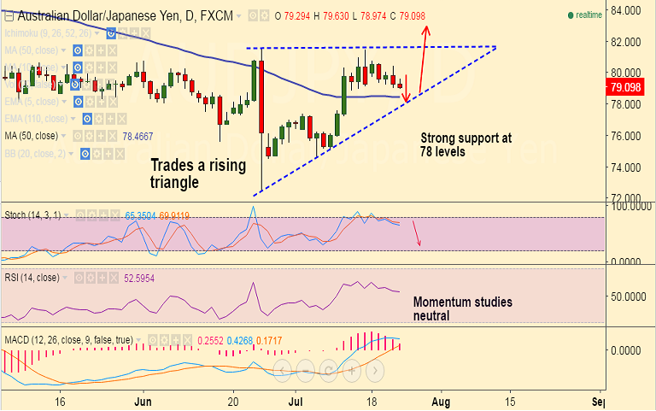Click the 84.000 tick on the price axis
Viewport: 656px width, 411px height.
[627, 10]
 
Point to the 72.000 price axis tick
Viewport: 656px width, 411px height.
[627, 198]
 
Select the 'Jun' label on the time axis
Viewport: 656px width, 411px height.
[143, 400]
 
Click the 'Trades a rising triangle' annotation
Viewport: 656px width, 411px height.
[198, 173]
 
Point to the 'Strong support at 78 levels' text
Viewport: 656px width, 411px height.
[466, 144]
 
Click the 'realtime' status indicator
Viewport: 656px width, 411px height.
[588, 15]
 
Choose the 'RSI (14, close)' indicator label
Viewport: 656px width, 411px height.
[32, 278]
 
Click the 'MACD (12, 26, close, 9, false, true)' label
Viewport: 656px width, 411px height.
[68, 340]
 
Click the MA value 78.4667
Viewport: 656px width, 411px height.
[138, 136]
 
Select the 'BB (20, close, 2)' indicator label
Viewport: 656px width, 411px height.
[36, 154]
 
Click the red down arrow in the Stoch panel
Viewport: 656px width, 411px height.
[417, 233]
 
